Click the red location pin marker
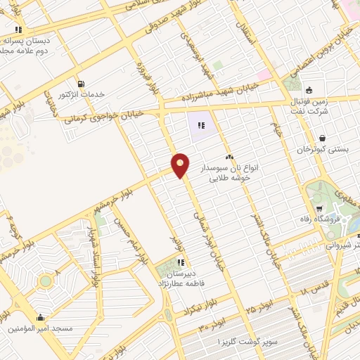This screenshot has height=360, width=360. point(181,166)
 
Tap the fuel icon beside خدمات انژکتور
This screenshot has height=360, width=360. point(82,82)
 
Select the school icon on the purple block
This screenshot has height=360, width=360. point(201,126)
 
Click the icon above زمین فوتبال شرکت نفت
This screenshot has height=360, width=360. point(308,89)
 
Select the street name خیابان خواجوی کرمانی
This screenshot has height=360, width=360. point(105,115)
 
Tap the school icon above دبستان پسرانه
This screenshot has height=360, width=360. point(18,30)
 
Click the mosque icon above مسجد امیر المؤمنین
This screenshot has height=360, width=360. point(40,316)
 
